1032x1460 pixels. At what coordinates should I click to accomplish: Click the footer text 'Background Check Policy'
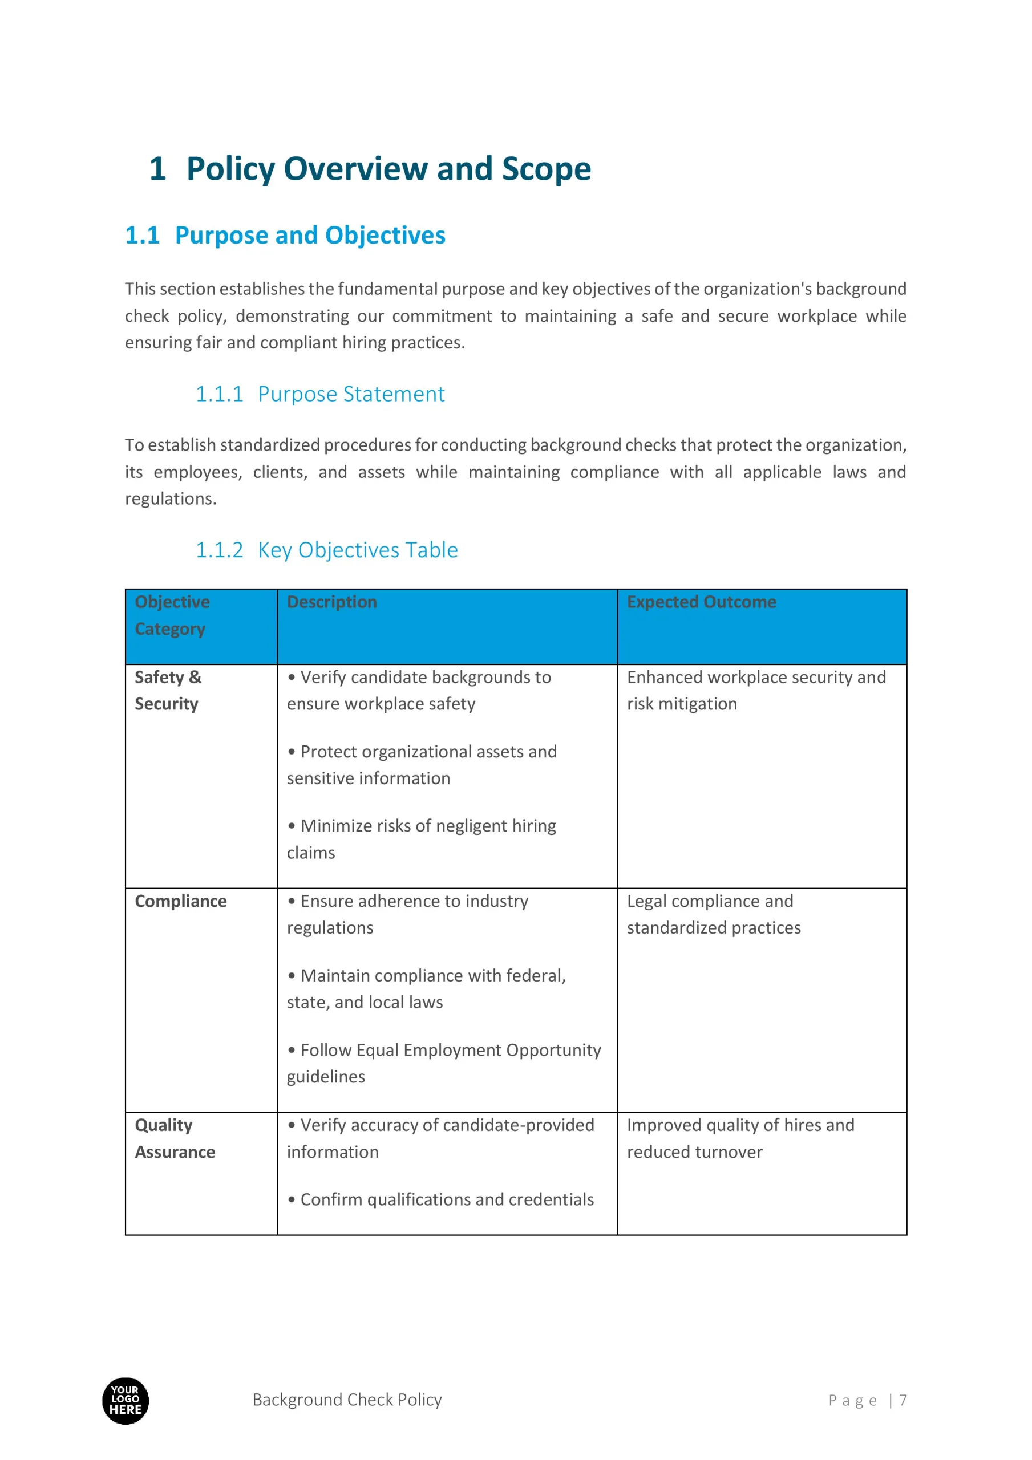[347, 1400]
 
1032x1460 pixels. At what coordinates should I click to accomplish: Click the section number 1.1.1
[219, 394]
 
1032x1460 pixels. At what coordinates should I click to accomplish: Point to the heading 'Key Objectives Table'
[358, 549]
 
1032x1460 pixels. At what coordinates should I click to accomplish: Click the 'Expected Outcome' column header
[701, 602]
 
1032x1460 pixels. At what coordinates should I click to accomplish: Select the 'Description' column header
[331, 602]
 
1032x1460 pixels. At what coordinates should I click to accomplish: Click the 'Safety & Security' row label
[168, 690]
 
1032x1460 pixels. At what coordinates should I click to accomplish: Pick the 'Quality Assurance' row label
[175, 1138]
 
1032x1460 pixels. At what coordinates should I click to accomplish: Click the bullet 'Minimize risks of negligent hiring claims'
[421, 839]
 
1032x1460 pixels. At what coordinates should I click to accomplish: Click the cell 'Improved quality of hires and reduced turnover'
[740, 1138]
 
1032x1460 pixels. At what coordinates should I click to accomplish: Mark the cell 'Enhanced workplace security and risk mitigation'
[756, 690]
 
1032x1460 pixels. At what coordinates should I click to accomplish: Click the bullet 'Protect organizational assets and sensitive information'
[421, 764]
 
